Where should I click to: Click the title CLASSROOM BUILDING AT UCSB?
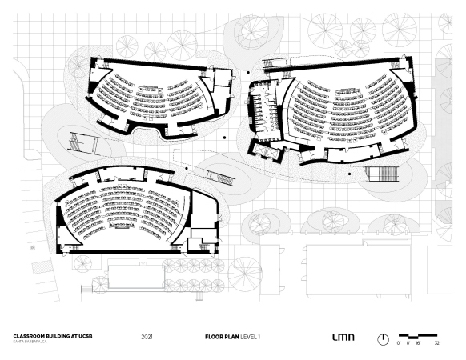pyautogui.click(x=53, y=336)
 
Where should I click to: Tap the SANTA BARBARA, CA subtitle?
pyautogui.click(x=30, y=342)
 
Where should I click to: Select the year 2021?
pyautogui.click(x=147, y=337)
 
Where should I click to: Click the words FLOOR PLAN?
pyautogui.click(x=222, y=337)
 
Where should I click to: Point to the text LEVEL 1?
pyautogui.click(x=251, y=337)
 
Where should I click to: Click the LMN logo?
pyautogui.click(x=343, y=337)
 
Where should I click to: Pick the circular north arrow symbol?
pyautogui.click(x=383, y=339)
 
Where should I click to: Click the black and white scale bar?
pyautogui.click(x=418, y=336)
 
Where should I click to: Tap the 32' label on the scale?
pyautogui.click(x=437, y=343)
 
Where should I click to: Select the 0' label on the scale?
pyautogui.click(x=399, y=343)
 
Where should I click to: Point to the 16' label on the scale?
pyautogui.click(x=418, y=343)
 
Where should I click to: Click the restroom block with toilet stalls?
pyautogui.click(x=265, y=110)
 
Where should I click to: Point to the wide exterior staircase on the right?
pyautogui.click(x=382, y=174)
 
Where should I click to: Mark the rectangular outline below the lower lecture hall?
pyautogui.click(x=136, y=277)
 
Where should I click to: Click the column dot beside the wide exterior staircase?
pyautogui.click(x=349, y=174)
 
